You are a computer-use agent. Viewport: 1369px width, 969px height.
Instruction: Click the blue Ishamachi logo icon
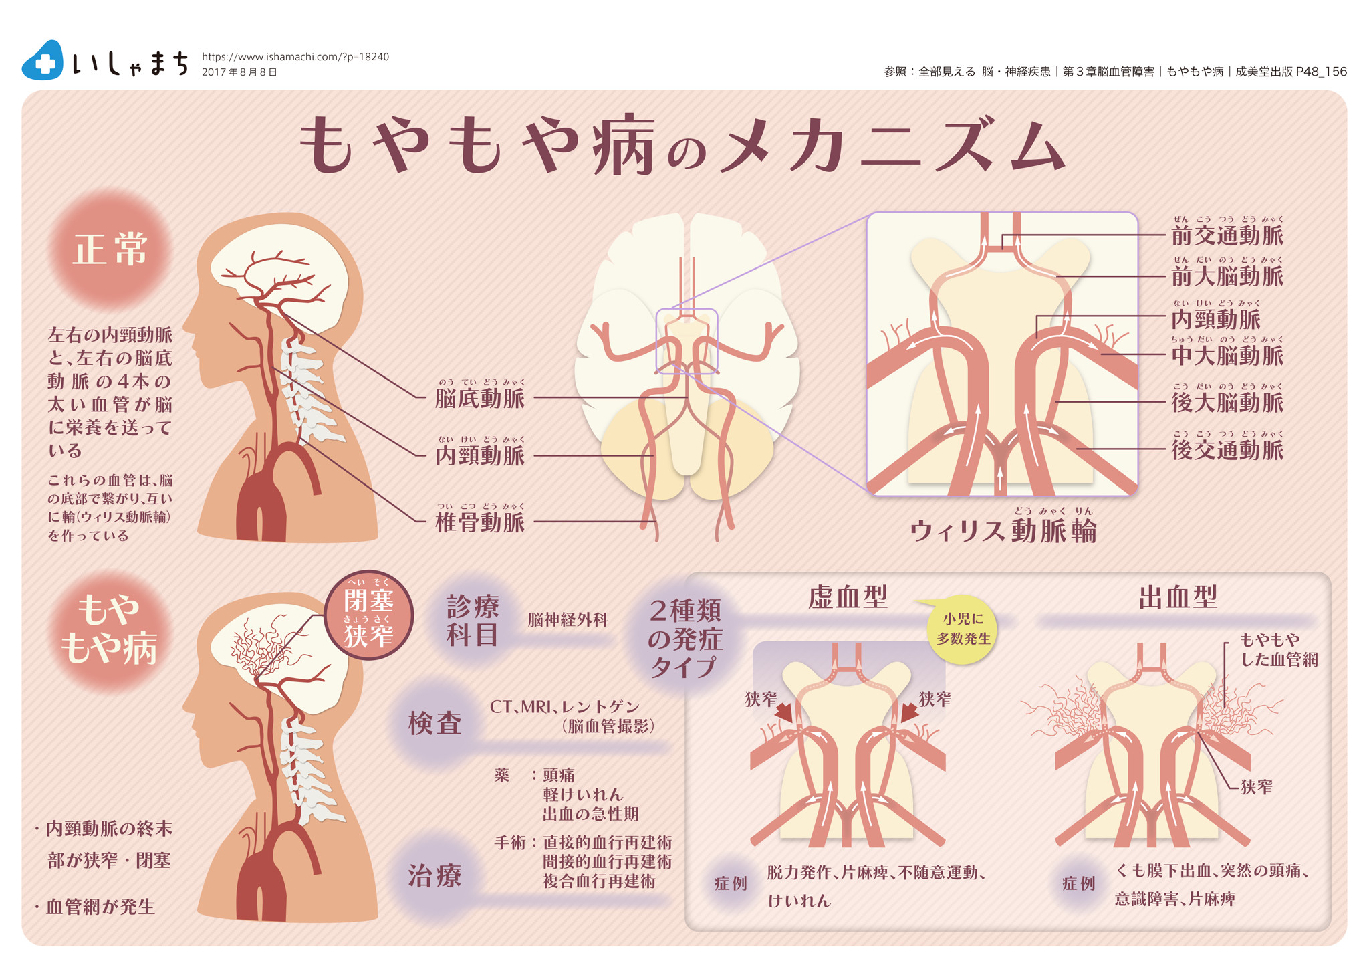tap(43, 61)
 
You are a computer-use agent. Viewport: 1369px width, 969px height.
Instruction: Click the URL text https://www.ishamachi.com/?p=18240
tap(295, 57)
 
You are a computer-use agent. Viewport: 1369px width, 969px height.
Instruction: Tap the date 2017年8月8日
tap(239, 72)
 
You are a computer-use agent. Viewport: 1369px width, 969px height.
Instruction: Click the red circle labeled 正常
tap(110, 250)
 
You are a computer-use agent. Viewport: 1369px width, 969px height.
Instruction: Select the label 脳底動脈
tap(480, 398)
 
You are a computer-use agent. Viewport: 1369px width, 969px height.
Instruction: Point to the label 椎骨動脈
tap(480, 522)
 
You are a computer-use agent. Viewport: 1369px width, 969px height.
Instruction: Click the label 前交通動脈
tap(1227, 235)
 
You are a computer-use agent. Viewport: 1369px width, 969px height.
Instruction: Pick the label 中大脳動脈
tap(1227, 355)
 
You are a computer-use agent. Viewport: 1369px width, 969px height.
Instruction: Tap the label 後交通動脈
tap(1227, 450)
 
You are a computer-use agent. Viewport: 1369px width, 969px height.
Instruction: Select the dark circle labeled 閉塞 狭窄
tap(368, 616)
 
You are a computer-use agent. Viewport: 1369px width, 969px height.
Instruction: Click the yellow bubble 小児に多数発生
tap(963, 629)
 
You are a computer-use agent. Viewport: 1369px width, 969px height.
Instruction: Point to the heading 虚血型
tap(848, 597)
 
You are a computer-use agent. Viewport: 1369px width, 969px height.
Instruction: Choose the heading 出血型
tap(1178, 597)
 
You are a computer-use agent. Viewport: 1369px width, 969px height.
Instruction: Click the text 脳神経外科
tap(568, 620)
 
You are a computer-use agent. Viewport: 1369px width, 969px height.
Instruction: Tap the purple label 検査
tap(435, 723)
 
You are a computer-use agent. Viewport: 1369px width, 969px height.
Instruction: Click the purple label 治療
tap(435, 876)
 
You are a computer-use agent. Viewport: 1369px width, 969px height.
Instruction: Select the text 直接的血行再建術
tap(607, 842)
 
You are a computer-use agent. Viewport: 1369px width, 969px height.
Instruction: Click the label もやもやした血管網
tap(1278, 650)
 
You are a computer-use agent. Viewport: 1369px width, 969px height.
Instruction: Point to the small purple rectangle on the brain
tap(687, 341)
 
